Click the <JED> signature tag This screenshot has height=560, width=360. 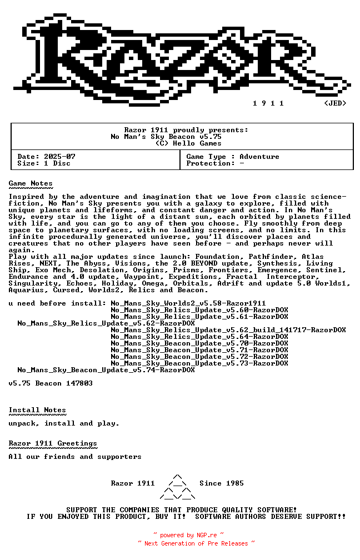(335, 103)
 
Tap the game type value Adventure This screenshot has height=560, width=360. (259, 157)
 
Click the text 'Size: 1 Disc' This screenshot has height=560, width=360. (44, 163)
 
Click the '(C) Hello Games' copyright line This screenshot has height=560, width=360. (188, 143)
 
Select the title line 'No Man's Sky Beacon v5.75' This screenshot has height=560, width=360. (166, 137)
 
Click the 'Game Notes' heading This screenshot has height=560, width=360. (31, 183)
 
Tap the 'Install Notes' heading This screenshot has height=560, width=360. (37, 410)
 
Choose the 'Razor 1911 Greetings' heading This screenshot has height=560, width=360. (53, 443)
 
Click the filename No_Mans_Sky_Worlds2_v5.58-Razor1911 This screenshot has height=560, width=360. (188, 303)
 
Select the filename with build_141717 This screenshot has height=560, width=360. (228, 330)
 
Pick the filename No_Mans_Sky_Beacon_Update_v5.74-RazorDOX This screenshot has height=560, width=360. (106, 370)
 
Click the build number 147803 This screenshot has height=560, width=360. (79, 383)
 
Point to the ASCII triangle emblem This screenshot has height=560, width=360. (177, 487)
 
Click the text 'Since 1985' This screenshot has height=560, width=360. (222, 483)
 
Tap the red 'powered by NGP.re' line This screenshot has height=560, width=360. (188, 536)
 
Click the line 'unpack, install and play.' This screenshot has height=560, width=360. (64, 423)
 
